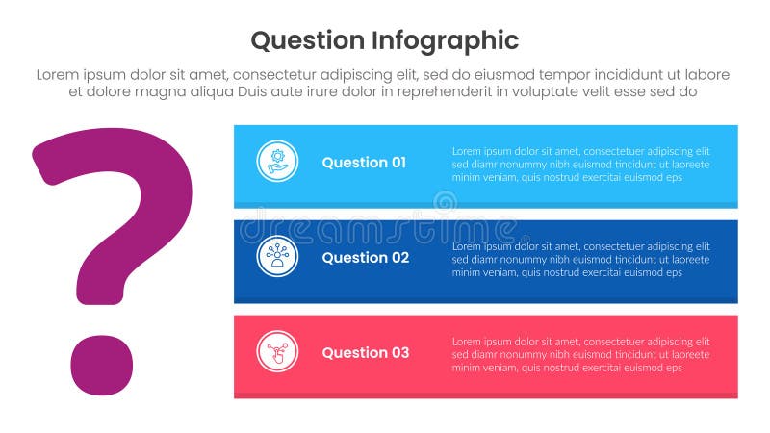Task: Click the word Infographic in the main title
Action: click(x=444, y=40)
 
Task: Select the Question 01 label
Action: click(x=364, y=163)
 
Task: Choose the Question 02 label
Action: click(x=365, y=258)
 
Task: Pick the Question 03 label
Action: click(x=365, y=353)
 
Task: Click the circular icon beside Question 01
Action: click(x=277, y=161)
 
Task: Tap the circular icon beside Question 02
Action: click(x=277, y=256)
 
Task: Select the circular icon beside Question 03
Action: click(x=277, y=351)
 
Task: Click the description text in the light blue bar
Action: click(x=580, y=165)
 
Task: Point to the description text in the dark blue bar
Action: click(x=580, y=260)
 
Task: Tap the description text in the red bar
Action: click(x=580, y=355)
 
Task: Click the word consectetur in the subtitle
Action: click(x=282, y=75)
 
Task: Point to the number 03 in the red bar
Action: click(x=398, y=353)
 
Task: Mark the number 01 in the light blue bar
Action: click(x=398, y=163)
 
